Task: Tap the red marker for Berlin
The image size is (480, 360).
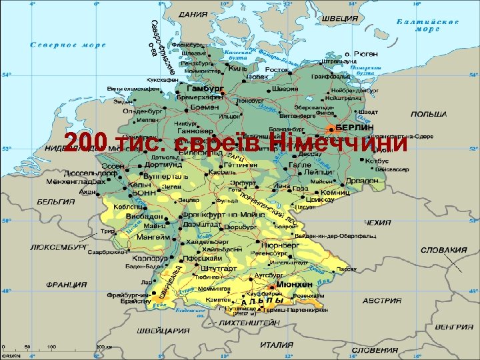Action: [330, 127]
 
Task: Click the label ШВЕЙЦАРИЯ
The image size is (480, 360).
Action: [164, 330]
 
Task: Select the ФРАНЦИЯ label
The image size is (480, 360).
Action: [66, 284]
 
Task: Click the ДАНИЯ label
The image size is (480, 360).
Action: [193, 13]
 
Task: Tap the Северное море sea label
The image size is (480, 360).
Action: [69, 45]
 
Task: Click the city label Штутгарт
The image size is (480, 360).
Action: [217, 268]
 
